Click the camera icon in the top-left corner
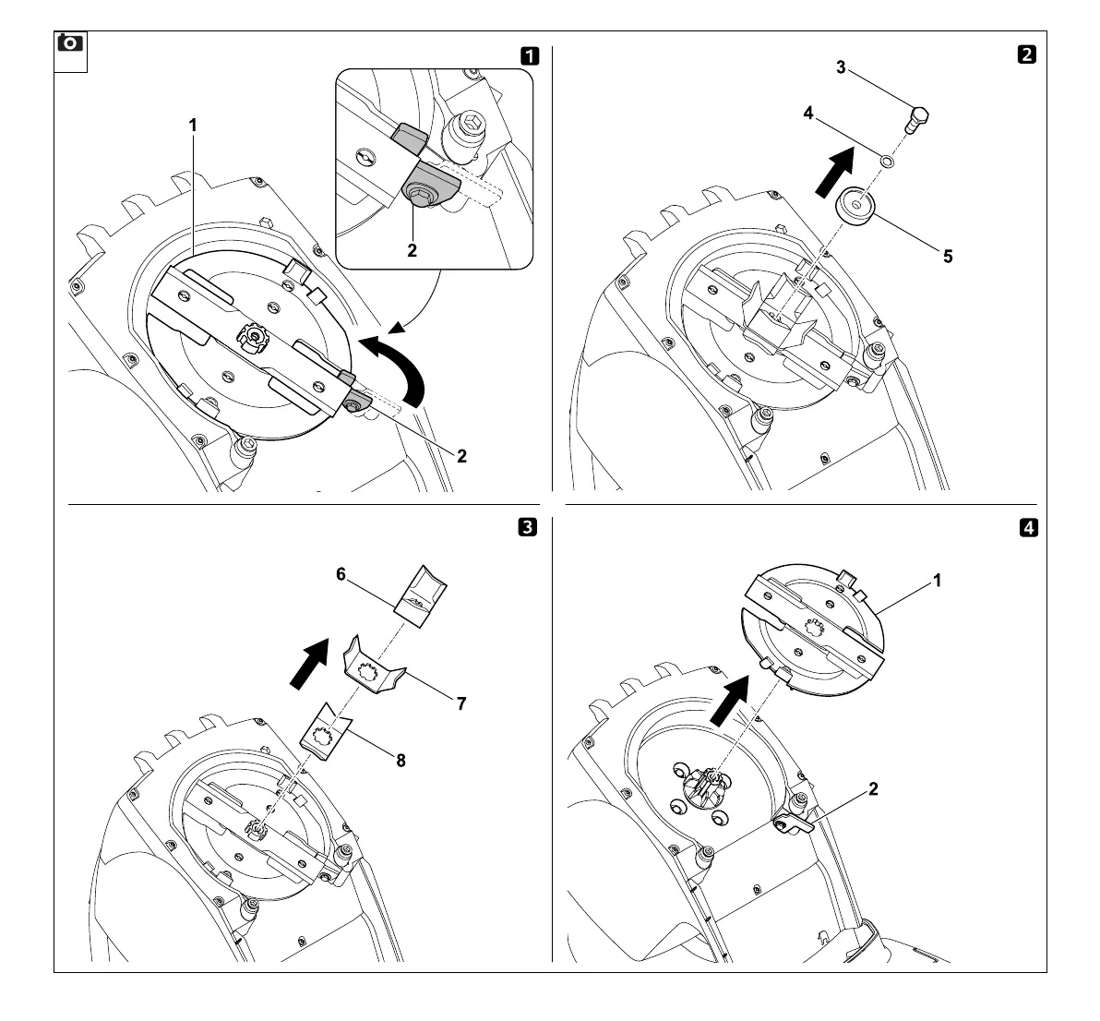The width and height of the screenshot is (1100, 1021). [x=70, y=44]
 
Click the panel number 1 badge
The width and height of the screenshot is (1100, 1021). [x=530, y=54]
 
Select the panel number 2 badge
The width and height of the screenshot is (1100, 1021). [x=1026, y=54]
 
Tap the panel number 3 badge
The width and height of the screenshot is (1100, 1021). [x=527, y=527]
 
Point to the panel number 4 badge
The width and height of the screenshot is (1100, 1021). [x=1027, y=528]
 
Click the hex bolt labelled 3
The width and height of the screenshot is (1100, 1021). [x=918, y=119]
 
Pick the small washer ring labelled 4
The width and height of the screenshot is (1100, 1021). [x=887, y=162]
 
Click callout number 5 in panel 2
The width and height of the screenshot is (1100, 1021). [x=948, y=257]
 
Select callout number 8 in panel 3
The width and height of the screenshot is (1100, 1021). [x=401, y=761]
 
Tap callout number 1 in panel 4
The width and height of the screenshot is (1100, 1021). [x=937, y=581]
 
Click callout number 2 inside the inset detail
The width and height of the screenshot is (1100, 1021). [x=412, y=250]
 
